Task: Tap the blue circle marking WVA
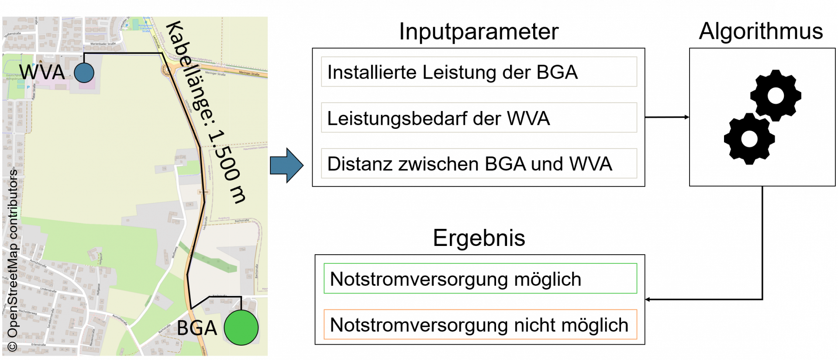point(84,73)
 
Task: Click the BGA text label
point(197,328)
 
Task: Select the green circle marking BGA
point(241,328)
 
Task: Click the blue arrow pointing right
point(286,165)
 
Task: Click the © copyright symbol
point(12,346)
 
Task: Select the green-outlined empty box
point(480,278)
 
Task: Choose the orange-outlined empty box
point(480,325)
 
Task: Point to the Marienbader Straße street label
point(103,44)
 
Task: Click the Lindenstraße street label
point(48,290)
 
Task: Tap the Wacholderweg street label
point(27,312)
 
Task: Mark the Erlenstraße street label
point(38,345)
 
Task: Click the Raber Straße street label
point(34,92)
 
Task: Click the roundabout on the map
point(168,69)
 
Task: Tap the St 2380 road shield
point(204,192)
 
